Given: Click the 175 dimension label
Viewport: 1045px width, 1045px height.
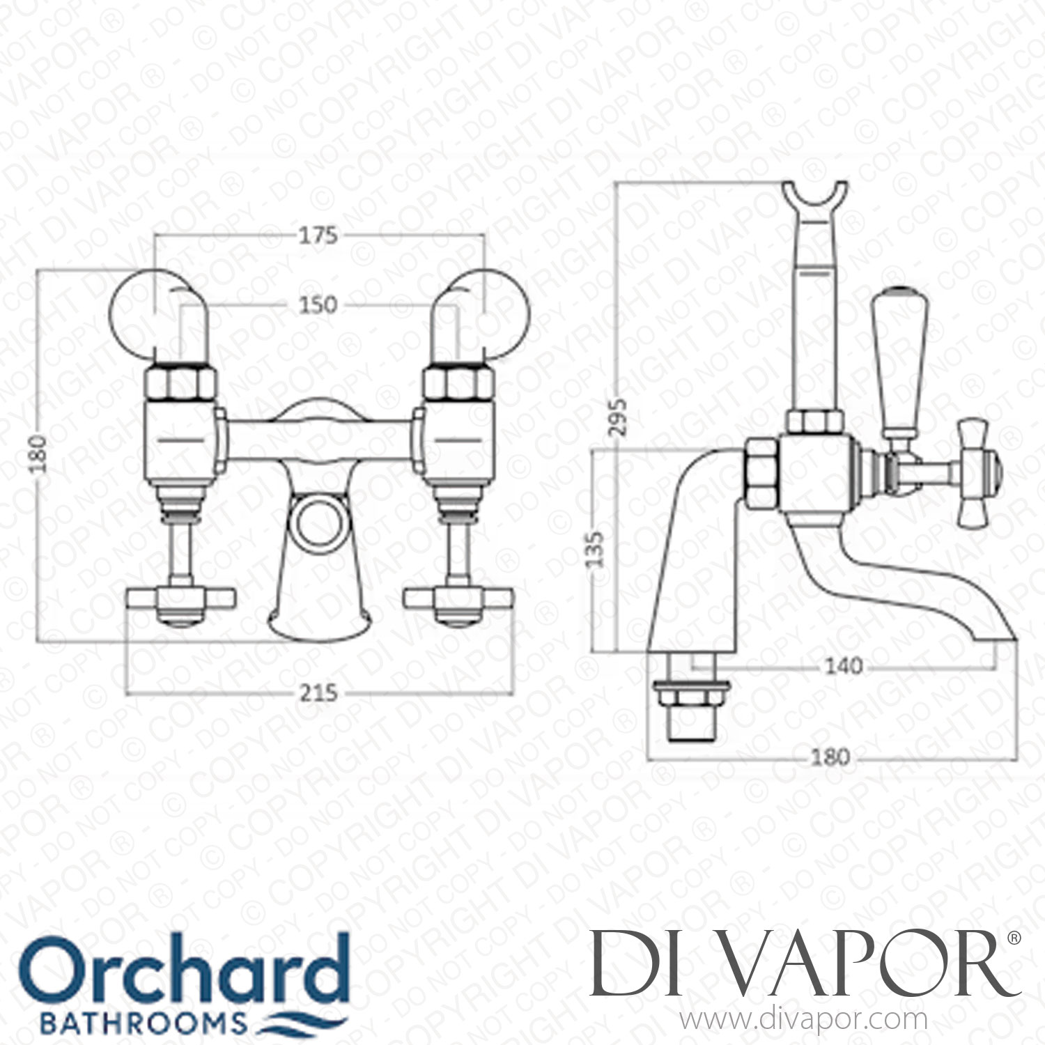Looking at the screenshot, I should [x=318, y=235].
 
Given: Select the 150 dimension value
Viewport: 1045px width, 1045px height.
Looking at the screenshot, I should [x=318, y=304].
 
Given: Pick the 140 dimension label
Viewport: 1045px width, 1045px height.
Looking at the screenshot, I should [x=843, y=667].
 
